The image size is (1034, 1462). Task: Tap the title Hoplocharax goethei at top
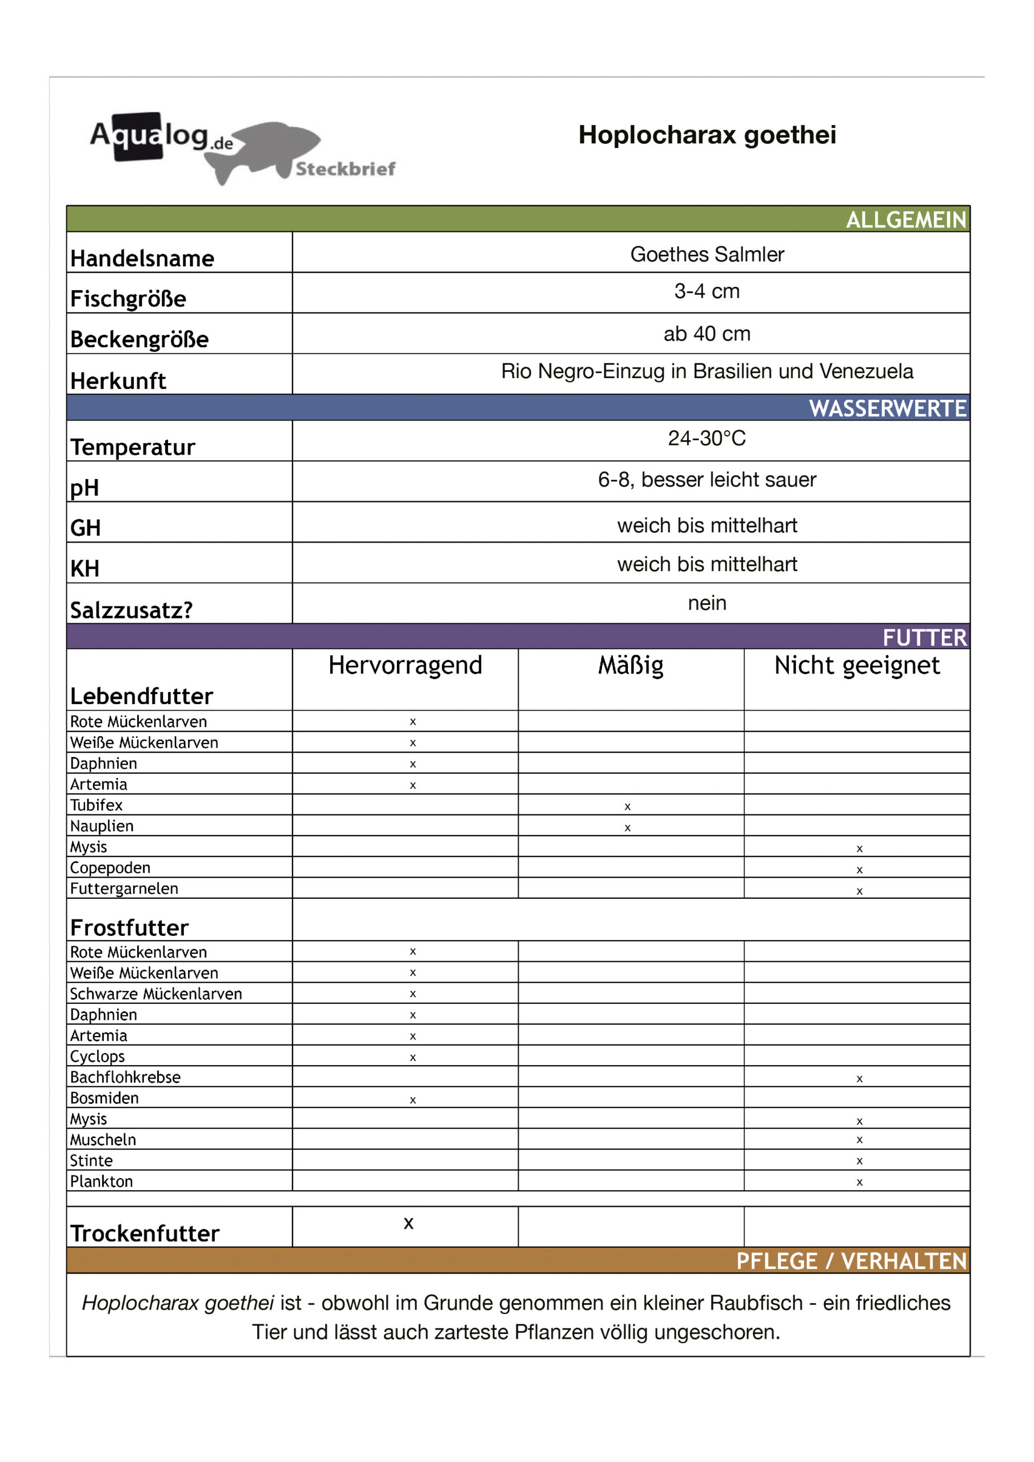707,135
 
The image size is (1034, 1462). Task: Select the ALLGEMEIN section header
905,220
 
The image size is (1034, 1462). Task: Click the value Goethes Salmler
707,254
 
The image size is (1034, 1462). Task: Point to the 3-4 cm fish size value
707,291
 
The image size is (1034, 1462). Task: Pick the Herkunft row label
118,381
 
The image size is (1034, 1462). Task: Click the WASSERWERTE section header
887,408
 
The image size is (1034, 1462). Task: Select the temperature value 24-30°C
707,438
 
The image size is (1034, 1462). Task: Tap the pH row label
85,488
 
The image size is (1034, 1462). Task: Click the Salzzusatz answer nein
707,603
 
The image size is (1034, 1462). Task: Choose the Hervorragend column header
405,665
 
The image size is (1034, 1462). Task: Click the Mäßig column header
630,665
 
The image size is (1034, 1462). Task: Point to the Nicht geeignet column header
856,665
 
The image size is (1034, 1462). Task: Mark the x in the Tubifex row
627,807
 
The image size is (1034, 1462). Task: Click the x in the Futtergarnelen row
859,891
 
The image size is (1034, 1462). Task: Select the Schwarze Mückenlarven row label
156,994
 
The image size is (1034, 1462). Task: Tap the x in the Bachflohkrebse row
859,1079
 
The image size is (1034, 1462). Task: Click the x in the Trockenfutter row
408,1223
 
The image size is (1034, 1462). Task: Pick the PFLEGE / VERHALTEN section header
851,1261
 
